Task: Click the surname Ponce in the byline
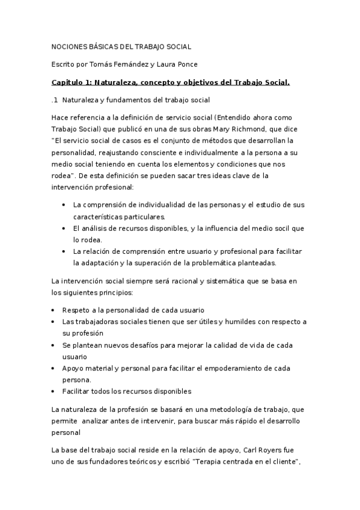(202, 64)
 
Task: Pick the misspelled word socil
(284, 228)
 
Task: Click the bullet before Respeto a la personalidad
(55, 310)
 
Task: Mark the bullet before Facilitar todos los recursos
(55, 392)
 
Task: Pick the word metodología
(235, 409)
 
